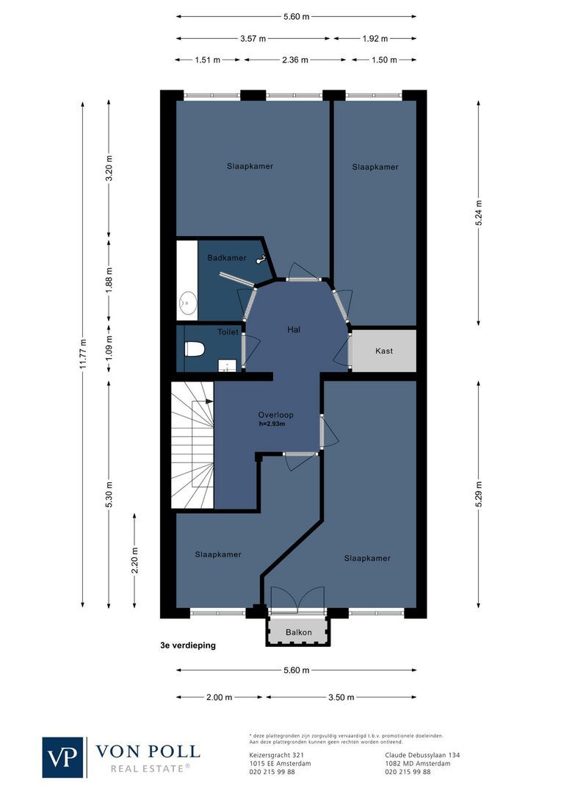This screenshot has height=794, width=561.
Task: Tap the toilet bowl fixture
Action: [193, 349]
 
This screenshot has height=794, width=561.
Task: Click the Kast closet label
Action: [383, 351]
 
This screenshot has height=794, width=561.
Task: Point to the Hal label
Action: [294, 329]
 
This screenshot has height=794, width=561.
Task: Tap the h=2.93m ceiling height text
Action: [272, 424]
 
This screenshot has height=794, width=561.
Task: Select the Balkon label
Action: [299, 632]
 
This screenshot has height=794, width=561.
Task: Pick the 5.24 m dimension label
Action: [479, 213]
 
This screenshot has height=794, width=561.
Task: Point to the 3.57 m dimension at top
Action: [253, 38]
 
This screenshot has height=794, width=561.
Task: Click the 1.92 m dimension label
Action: [374, 38]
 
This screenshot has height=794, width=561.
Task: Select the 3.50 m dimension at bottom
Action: [341, 697]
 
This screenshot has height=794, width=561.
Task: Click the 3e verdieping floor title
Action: [188, 646]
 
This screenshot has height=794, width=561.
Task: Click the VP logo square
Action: [63, 757]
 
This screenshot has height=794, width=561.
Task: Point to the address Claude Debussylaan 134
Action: [421, 755]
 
